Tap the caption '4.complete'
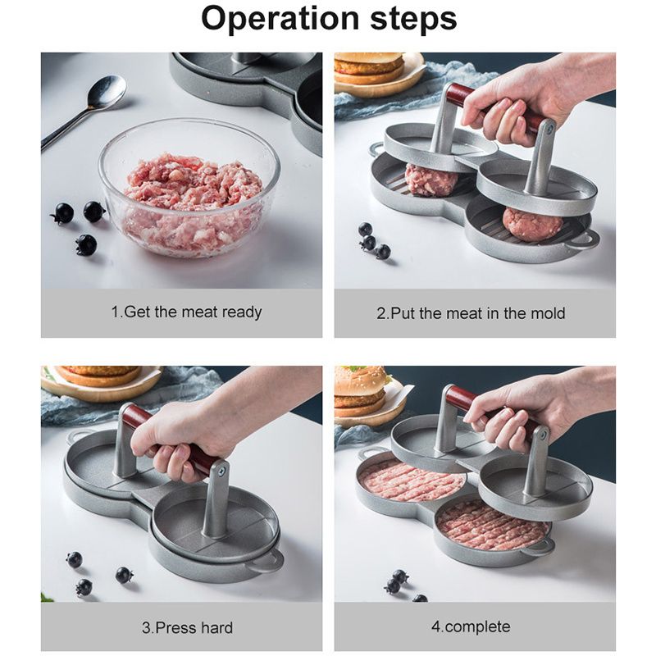click(x=474, y=627)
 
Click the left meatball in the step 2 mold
click(x=431, y=180)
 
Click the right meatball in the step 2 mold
click(x=532, y=223)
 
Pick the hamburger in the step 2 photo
click(x=368, y=68)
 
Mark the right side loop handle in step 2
click(x=582, y=239)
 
